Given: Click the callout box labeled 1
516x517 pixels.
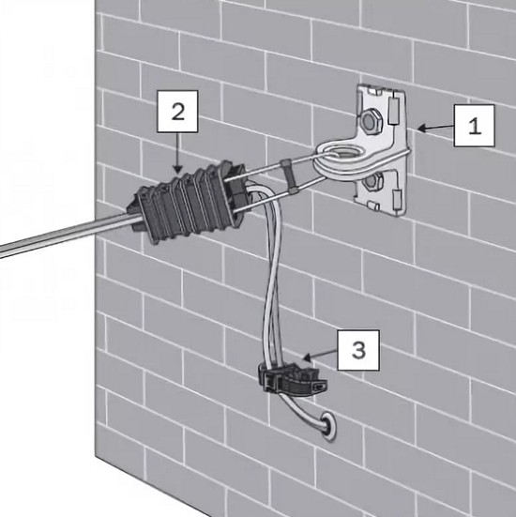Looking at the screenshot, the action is [x=474, y=126].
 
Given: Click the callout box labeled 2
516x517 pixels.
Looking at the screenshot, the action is [x=177, y=112].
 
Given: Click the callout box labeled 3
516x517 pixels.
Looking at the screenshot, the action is [x=358, y=350].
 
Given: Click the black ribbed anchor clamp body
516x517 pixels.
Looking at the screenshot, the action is [x=188, y=201].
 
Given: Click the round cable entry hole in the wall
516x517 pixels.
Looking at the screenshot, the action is [x=327, y=426].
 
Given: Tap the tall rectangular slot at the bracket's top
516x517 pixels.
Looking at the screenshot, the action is [x=393, y=111].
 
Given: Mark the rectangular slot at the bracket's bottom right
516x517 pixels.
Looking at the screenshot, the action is [x=397, y=199].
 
